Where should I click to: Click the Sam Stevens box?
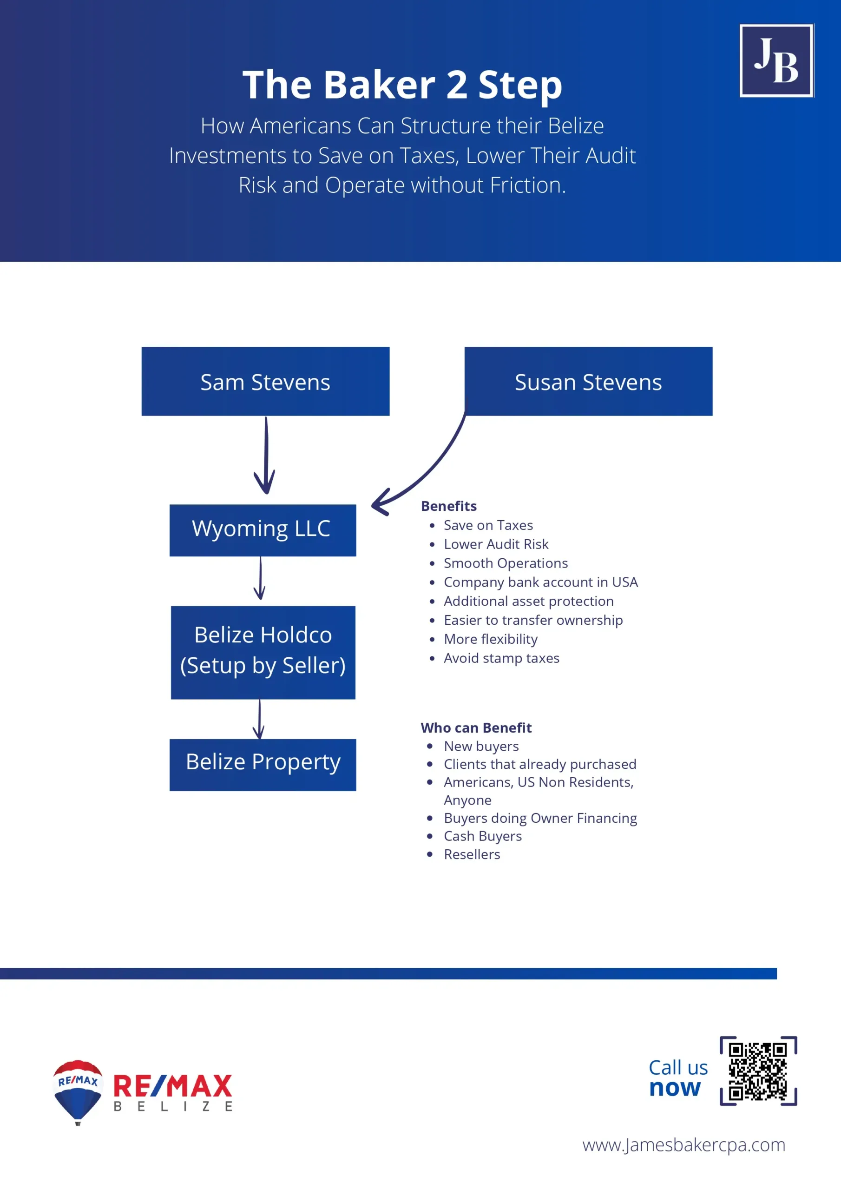coord(265,381)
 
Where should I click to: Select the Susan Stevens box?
coord(588,381)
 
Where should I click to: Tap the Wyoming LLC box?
coord(263,530)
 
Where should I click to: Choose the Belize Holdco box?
coord(263,652)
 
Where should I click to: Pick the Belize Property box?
coord(263,765)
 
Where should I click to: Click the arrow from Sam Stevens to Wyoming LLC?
coord(266,455)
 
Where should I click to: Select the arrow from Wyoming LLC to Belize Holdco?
coord(260,578)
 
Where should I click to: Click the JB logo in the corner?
coord(776,60)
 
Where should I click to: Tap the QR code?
coord(758,1071)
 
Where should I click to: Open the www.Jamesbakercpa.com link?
coord(683,1144)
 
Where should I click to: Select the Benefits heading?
coord(449,506)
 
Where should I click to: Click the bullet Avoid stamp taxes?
coord(502,658)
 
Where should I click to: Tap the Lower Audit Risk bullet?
coord(496,544)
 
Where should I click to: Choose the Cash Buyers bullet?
coord(482,836)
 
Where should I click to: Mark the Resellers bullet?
coord(472,854)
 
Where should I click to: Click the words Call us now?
coord(678,1078)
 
